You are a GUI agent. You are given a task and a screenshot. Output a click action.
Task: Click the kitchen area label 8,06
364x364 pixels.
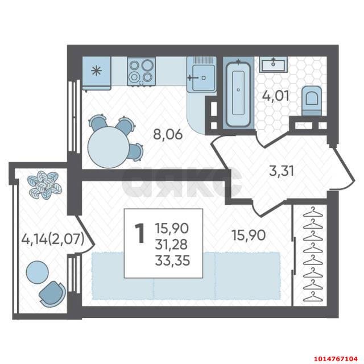[168, 134]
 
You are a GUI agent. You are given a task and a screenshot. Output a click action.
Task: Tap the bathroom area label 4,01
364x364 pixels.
[275, 96]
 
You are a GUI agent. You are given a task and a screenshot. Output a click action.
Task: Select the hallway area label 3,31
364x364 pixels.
[282, 171]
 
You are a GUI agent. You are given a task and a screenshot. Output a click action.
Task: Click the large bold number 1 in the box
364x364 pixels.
[140, 233]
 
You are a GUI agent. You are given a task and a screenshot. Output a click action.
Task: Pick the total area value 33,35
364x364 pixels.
[172, 260]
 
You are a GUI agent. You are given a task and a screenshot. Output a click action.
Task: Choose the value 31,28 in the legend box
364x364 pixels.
[171, 245]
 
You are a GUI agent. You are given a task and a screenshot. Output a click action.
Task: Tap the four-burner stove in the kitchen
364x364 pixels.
[141, 72]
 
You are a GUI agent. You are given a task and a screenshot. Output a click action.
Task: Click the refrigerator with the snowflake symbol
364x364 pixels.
[97, 73]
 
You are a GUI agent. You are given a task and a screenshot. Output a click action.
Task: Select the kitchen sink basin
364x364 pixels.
[204, 77]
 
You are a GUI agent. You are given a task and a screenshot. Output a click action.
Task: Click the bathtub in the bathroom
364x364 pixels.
[238, 92]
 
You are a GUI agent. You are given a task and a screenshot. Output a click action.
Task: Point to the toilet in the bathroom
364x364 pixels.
[312, 101]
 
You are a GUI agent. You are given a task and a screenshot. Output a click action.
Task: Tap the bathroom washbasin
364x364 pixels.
[273, 64]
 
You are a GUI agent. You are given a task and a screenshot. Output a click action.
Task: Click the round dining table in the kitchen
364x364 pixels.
[109, 147]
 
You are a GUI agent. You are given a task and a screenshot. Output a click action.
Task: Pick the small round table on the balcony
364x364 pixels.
[38, 272]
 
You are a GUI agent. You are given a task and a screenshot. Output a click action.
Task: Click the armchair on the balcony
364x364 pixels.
[52, 294]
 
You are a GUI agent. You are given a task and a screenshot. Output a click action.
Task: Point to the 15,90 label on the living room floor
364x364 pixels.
[249, 235]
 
